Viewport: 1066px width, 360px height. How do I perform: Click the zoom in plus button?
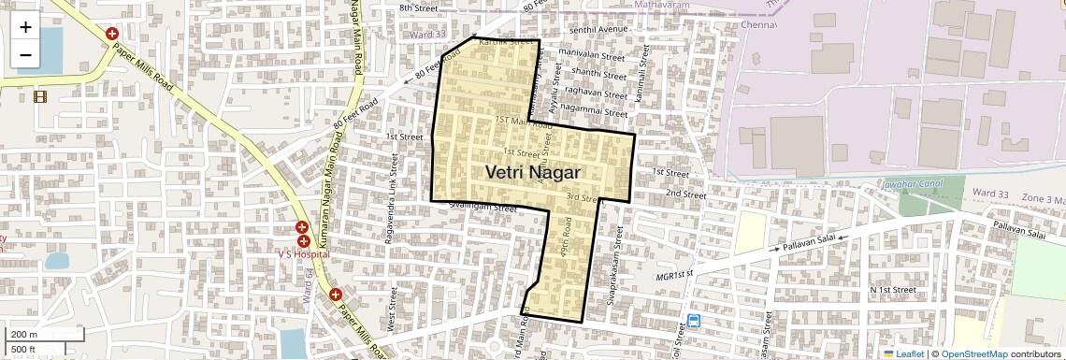coord(25,27)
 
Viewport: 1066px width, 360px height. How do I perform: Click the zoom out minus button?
coord(25,54)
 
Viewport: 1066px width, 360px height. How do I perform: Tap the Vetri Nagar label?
coord(533,173)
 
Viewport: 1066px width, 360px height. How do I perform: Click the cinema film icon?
coord(40,95)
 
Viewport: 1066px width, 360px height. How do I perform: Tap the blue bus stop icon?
coord(694,321)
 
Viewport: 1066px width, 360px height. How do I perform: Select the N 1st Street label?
coord(892,290)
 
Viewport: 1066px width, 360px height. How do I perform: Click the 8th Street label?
coord(418,7)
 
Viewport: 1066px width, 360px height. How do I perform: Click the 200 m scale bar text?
coord(24,335)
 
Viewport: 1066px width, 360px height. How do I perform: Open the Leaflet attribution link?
coord(903,353)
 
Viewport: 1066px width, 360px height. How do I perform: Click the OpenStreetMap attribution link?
coord(973,353)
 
